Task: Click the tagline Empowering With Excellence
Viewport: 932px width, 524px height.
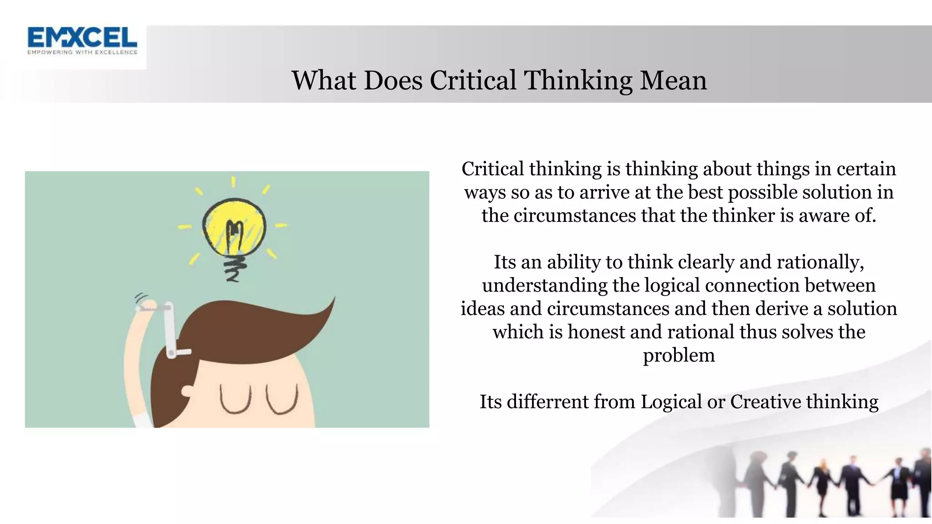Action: coord(82,52)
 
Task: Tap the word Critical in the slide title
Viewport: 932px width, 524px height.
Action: coord(473,81)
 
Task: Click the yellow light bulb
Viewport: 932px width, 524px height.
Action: coord(234,227)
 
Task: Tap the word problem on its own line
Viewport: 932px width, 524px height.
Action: coord(679,356)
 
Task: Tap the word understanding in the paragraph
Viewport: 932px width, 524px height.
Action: coord(544,286)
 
